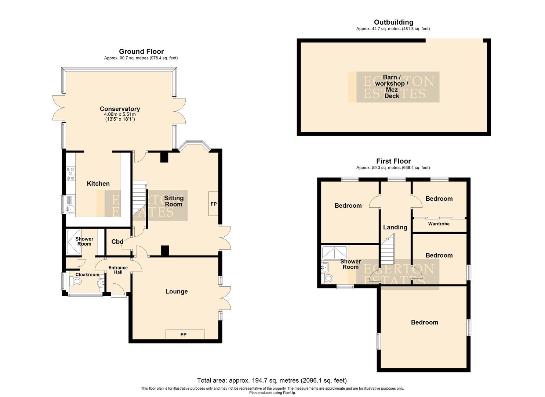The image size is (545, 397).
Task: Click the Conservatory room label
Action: (x=120, y=109)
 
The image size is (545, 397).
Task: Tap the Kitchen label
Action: (x=98, y=183)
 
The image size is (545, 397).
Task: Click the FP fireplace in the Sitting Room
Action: (x=213, y=204)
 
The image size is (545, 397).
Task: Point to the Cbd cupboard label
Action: (x=117, y=242)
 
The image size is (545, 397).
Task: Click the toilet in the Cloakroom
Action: (x=76, y=282)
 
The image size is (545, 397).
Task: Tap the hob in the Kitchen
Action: (x=70, y=174)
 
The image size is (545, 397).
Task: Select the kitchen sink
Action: (x=70, y=206)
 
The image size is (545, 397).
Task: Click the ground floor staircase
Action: (x=139, y=198)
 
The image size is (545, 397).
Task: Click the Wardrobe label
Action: (x=439, y=224)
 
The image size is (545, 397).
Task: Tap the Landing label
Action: (x=395, y=227)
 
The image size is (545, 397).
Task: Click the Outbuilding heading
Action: (x=393, y=22)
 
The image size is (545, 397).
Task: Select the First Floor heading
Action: (x=393, y=161)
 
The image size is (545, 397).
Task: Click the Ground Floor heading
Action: (x=141, y=51)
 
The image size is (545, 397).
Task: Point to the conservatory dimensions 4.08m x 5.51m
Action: (x=120, y=114)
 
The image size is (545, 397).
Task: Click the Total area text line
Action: (x=272, y=380)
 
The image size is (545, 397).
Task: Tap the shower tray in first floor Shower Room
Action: (x=334, y=253)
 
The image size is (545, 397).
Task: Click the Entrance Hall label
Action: (x=118, y=270)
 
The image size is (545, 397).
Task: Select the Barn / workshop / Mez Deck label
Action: (x=391, y=86)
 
